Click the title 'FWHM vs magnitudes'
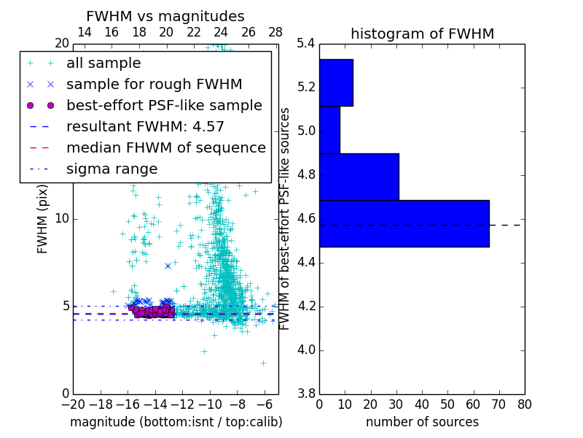click(165, 17)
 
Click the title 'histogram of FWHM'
click(422, 34)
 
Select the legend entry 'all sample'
click(103, 64)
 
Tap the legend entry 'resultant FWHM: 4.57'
click(145, 126)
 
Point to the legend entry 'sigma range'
click(111, 169)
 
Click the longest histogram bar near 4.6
click(404, 223)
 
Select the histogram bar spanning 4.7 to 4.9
click(359, 177)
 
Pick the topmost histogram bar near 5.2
click(336, 82)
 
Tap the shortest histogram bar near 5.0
click(329, 129)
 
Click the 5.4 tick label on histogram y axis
click(306, 44)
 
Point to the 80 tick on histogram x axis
click(524, 404)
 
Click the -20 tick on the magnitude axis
click(73, 404)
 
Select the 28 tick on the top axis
click(275, 32)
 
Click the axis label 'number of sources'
click(422, 422)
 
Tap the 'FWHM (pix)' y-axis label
click(43, 219)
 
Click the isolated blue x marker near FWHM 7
click(168, 266)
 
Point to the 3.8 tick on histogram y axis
click(306, 393)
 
